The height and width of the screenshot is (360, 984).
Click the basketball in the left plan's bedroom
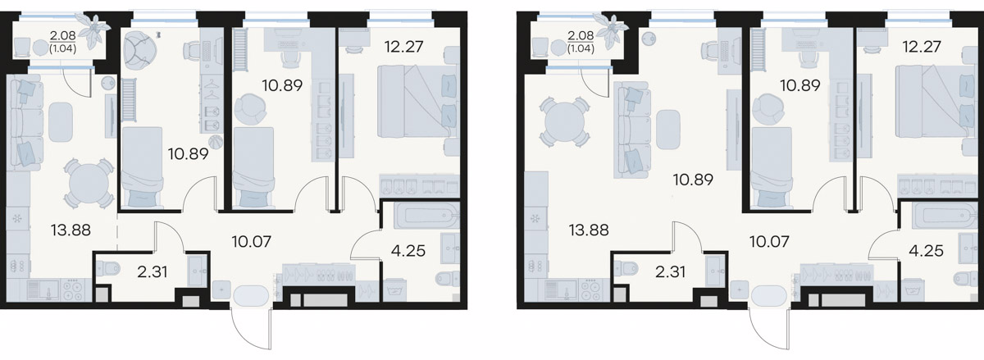click(x=216, y=142)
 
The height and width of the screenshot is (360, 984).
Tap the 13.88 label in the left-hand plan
click(x=71, y=230)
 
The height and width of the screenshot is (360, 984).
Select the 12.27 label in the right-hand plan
click(x=922, y=47)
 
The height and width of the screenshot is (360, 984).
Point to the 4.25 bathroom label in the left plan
click(x=408, y=251)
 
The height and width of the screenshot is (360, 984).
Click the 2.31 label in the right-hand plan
click(x=671, y=271)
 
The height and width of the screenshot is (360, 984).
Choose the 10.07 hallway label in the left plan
click(x=251, y=241)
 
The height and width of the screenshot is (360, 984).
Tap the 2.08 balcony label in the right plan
click(x=581, y=35)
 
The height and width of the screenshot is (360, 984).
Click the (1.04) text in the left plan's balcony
click(x=63, y=48)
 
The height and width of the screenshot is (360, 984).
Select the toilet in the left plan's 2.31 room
click(x=107, y=267)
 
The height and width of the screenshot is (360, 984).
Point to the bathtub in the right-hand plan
click(x=945, y=216)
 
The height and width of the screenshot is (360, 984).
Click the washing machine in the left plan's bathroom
click(x=394, y=289)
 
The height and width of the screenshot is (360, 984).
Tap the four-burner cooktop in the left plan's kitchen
click(x=72, y=290)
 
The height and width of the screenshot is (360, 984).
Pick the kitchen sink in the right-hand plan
click(x=558, y=290)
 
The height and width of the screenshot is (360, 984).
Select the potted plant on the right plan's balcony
click(x=611, y=30)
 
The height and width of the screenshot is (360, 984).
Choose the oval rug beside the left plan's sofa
click(x=61, y=121)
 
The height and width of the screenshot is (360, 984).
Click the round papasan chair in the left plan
click(x=140, y=51)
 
